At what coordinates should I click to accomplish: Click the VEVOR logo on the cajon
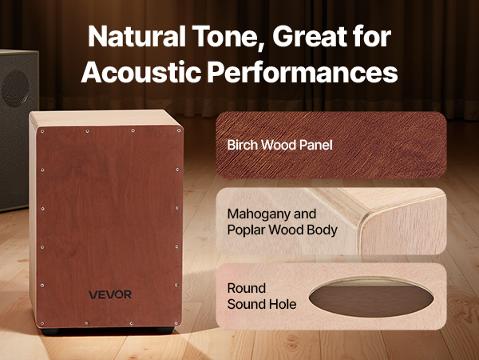[110, 294]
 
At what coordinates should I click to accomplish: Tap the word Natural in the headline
[137, 36]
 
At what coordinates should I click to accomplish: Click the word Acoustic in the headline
[141, 72]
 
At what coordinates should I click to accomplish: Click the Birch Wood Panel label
[280, 145]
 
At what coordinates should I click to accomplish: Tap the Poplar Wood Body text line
[283, 230]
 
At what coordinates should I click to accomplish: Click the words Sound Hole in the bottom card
[262, 304]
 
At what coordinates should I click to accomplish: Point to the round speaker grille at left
[15, 89]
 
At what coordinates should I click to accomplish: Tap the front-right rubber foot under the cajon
[165, 330]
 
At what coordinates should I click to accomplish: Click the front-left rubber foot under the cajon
[49, 331]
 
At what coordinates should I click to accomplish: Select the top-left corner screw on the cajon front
[42, 132]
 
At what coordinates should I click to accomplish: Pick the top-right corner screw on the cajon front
[178, 130]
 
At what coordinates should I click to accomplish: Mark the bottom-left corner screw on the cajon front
[42, 323]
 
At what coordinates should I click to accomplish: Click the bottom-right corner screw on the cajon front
[176, 323]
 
